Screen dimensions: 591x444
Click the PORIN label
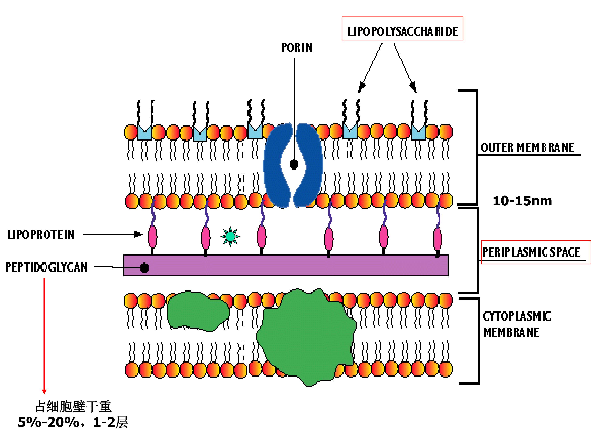tap(297, 48)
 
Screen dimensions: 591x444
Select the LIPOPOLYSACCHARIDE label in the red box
tap(402, 31)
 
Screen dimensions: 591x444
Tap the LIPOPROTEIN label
tap(41, 235)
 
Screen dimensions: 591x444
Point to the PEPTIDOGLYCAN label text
tap(47, 267)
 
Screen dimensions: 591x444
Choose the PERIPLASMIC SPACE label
tap(531, 252)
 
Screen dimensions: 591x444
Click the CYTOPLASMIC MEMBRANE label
tap(517, 324)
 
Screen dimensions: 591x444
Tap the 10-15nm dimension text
tap(522, 201)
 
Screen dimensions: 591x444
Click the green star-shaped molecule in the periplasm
tap(230, 237)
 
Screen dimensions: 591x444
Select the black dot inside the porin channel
tap(294, 165)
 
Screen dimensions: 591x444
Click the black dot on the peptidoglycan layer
tap(144, 268)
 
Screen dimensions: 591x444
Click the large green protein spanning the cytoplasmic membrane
tap(306, 337)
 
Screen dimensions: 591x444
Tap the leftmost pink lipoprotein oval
tap(152, 237)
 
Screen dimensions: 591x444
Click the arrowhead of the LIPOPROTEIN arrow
tap(139, 235)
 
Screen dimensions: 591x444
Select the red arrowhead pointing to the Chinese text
tap(44, 392)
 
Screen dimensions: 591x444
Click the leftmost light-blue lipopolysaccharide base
tap(145, 132)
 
